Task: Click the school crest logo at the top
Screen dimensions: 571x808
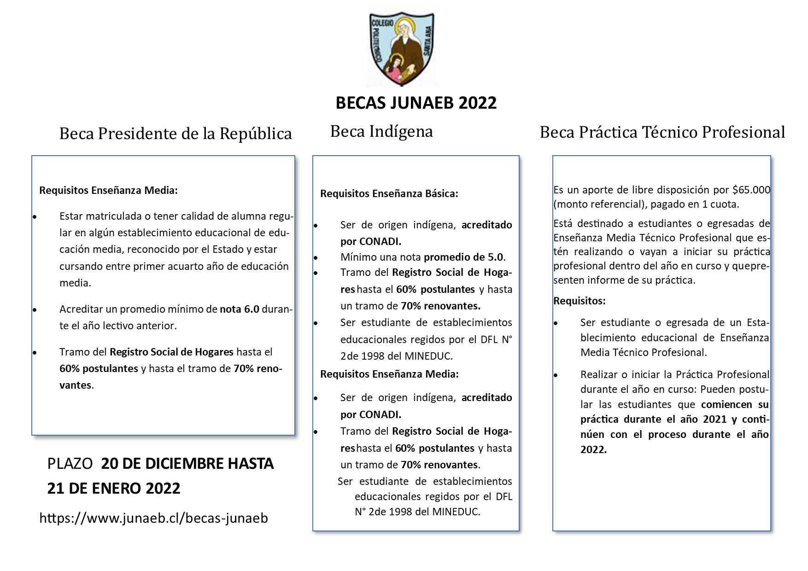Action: [402, 48]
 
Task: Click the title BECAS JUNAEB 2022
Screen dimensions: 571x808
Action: [416, 103]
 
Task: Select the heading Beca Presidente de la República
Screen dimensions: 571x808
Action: [176, 134]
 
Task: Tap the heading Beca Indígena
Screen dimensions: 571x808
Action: [381, 131]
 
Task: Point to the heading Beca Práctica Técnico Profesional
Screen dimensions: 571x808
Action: [662, 132]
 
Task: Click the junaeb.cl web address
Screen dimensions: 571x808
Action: [154, 518]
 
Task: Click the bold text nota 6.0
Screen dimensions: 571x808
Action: [240, 309]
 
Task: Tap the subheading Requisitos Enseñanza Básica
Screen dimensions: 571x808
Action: [389, 193]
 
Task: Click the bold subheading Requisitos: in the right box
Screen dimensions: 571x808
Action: [579, 301]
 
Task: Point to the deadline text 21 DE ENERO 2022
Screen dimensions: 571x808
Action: [114, 488]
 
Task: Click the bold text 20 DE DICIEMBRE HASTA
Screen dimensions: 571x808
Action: [187, 463]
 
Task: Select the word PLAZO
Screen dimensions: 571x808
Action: [70, 463]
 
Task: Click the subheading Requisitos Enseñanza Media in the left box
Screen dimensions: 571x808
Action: [108, 190]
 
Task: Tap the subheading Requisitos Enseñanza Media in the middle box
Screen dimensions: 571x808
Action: [389, 374]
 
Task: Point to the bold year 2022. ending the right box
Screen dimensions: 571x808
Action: [593, 449]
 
